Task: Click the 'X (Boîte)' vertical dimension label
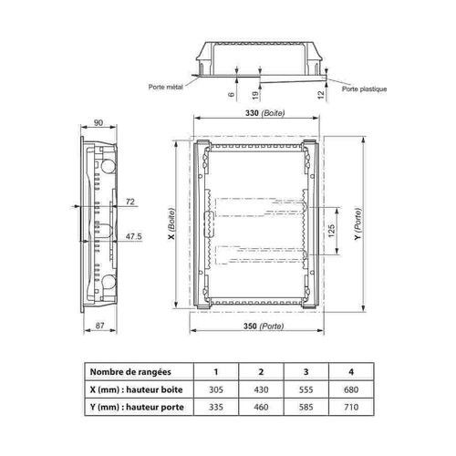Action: point(171,224)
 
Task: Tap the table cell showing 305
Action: point(216,390)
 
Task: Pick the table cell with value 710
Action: point(351,408)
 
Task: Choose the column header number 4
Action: point(351,372)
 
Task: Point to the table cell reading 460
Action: point(261,408)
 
